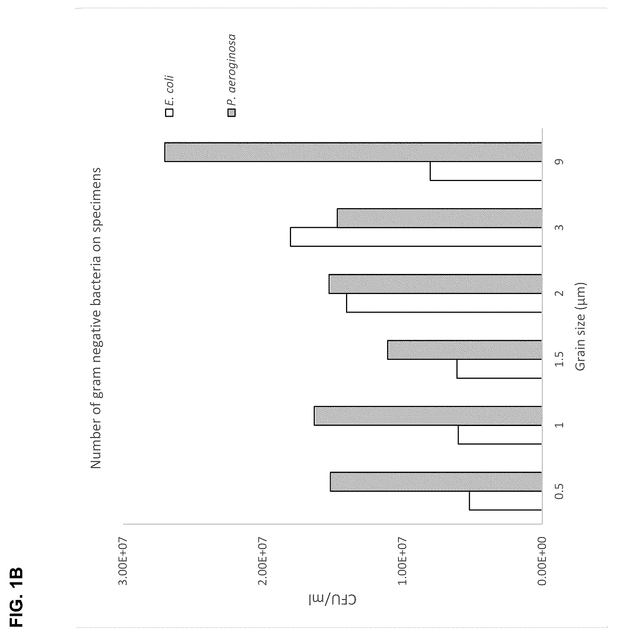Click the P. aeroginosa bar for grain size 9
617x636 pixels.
pos(353,152)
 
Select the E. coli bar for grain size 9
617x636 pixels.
pos(486,171)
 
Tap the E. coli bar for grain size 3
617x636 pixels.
pos(416,237)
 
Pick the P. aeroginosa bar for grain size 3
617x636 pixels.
pos(439,218)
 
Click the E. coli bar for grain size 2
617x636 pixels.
pos(444,303)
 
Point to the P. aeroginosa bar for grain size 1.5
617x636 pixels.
pos(464,350)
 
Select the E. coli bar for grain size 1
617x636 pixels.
pos(500,435)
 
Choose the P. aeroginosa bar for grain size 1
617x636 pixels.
pos(428,416)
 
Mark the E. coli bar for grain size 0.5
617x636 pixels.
pos(505,501)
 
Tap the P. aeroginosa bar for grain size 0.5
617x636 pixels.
pos(436,482)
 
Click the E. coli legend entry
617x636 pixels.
pos(169,96)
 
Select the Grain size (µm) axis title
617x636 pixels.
pos(580,327)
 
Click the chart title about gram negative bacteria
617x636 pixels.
pos(96,318)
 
